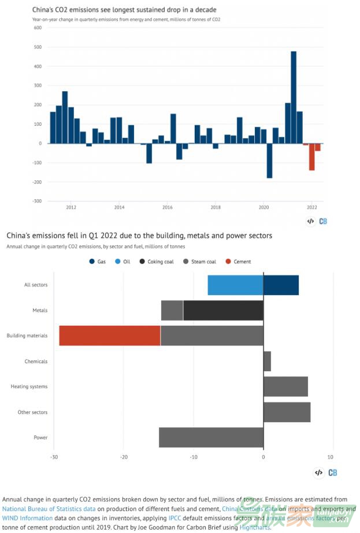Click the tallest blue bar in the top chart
point(294,97)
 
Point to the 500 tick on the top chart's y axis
point(38,47)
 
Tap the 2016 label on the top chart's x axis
point(167,207)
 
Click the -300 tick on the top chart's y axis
point(36,201)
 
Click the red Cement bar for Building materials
point(110,336)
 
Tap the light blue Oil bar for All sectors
point(235,285)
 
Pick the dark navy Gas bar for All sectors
point(281,285)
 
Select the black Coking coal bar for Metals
point(223,311)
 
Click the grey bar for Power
point(211,437)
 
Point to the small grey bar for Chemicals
point(267,361)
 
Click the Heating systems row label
point(29,387)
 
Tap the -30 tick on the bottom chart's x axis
point(54,457)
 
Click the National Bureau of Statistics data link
point(49,509)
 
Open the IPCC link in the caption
point(175,519)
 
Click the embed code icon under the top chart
point(310,221)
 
